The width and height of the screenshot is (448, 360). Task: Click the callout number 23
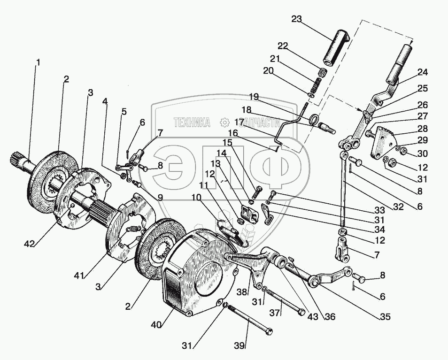297,19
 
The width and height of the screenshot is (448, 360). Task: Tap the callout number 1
38,61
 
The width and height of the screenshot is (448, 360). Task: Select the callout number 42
30,244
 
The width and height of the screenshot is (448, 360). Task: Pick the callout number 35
385,317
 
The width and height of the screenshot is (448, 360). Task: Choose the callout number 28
422,129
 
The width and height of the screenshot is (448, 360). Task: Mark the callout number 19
254,97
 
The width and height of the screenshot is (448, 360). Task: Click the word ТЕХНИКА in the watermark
192,123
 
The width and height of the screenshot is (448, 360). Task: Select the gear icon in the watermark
225,123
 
